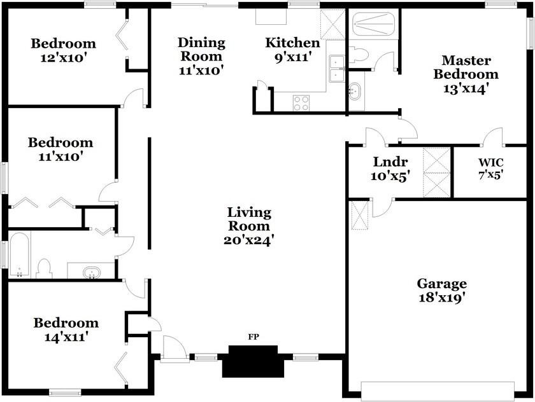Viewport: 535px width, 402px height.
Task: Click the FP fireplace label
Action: (x=253, y=336)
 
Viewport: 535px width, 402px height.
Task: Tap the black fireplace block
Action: (x=253, y=361)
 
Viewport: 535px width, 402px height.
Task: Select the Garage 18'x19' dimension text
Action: (x=442, y=298)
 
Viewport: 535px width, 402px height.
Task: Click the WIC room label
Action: (x=490, y=162)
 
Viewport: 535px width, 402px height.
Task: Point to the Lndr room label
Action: (x=390, y=162)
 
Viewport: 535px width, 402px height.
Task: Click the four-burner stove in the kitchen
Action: (x=301, y=103)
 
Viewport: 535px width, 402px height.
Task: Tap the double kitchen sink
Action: (x=336, y=69)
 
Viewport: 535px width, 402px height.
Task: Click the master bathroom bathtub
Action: (x=373, y=24)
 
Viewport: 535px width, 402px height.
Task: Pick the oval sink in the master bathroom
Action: (x=355, y=91)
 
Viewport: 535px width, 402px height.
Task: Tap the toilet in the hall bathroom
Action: (x=45, y=269)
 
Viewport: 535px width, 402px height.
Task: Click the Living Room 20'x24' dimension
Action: (x=249, y=240)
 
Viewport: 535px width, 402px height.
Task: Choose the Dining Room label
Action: (x=201, y=50)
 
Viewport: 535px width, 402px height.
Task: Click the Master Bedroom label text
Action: (x=466, y=67)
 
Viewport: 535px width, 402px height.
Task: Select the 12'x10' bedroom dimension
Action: (x=62, y=58)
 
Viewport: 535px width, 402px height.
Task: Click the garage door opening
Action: (x=438, y=391)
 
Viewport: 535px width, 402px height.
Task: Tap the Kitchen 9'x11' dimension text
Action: (x=294, y=57)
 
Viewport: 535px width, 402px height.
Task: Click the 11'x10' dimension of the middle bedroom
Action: (x=61, y=156)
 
